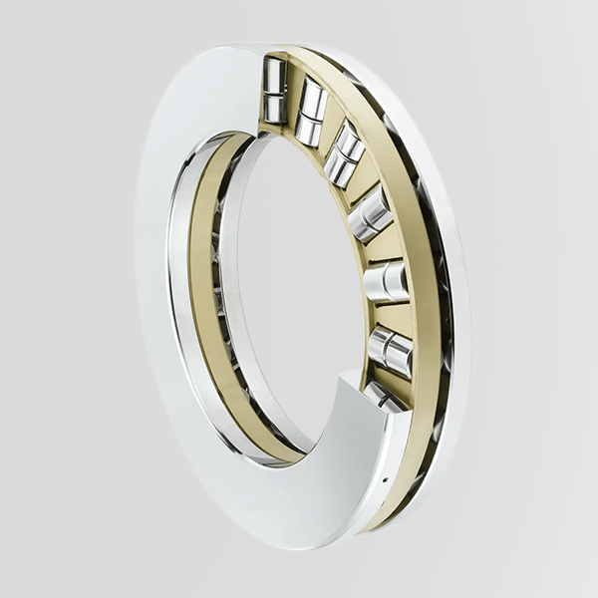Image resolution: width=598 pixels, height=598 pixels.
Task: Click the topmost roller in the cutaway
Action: (x=274, y=89)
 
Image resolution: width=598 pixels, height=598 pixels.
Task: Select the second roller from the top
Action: (x=311, y=112)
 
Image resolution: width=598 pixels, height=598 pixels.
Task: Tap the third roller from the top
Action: (x=345, y=153)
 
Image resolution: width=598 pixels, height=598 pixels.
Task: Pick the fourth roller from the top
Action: (x=371, y=212)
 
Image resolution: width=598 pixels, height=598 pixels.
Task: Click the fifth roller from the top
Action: (x=387, y=281)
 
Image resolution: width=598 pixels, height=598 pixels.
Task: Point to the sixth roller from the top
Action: (x=390, y=350)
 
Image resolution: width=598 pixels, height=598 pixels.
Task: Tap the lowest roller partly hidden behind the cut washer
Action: (x=383, y=397)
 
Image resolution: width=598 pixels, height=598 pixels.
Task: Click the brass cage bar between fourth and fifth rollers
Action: (x=385, y=246)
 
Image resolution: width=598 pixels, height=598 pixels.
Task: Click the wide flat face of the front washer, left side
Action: (x=164, y=299)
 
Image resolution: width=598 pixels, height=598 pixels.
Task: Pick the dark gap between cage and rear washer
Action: (x=439, y=299)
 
